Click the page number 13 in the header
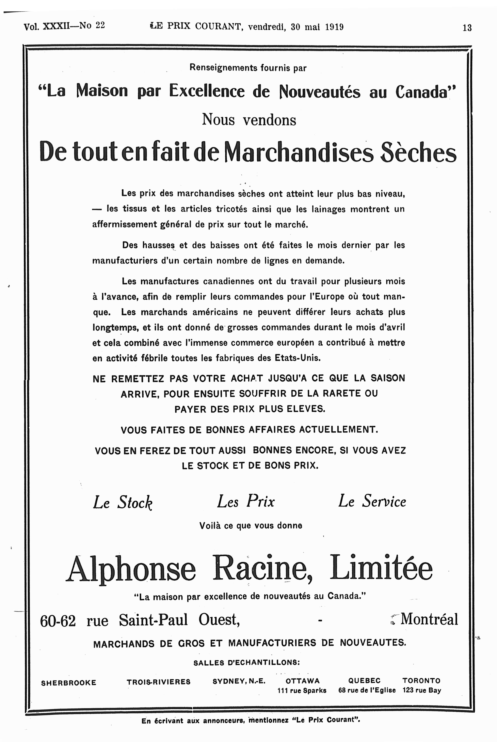pyautogui.click(x=467, y=28)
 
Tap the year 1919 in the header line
pyautogui.click(x=334, y=27)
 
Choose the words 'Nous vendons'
pyautogui.click(x=249, y=120)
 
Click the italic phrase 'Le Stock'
pyautogui.click(x=123, y=502)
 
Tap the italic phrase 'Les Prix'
pyautogui.click(x=246, y=501)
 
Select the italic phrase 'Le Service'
pyautogui.click(x=372, y=501)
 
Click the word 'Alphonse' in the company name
pyautogui.click(x=131, y=569)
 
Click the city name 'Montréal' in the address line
pyautogui.click(x=429, y=619)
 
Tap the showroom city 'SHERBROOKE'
pyautogui.click(x=68, y=683)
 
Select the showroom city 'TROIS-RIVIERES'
pyautogui.click(x=159, y=682)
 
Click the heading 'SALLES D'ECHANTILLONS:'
pyautogui.click(x=246, y=662)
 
